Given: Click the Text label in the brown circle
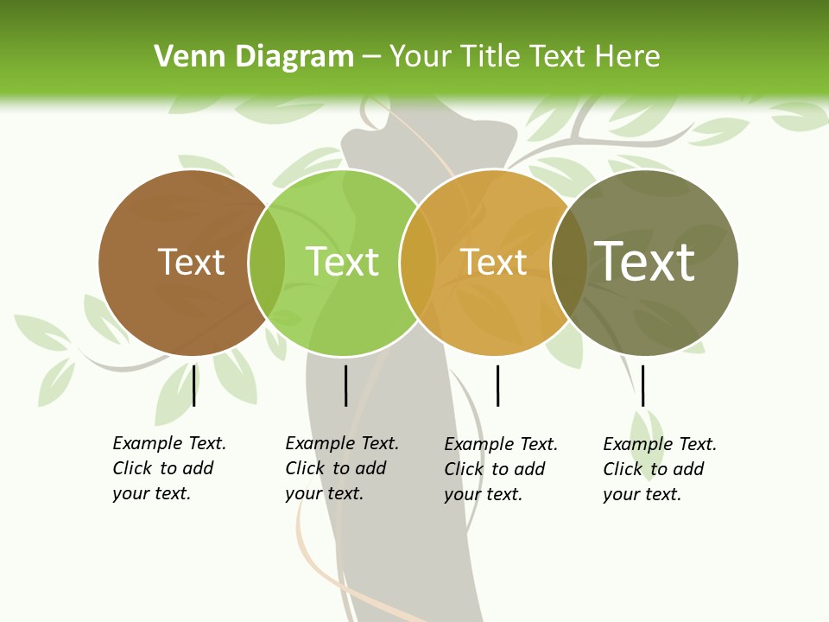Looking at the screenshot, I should [x=191, y=262].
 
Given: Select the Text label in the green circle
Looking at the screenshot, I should [x=342, y=262].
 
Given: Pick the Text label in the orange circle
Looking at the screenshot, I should [x=493, y=262].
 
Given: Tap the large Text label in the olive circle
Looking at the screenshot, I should [x=644, y=261].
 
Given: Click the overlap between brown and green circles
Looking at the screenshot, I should [x=267, y=262].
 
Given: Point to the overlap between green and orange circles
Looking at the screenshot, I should [x=418, y=262].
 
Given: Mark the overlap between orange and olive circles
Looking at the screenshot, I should [x=569, y=262].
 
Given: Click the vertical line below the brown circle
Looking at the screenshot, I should [x=194, y=385].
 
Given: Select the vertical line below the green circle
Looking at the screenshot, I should [x=345, y=385].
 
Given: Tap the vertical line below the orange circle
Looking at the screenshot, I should [x=497, y=385].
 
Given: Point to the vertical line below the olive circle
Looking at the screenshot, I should [x=642, y=385].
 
